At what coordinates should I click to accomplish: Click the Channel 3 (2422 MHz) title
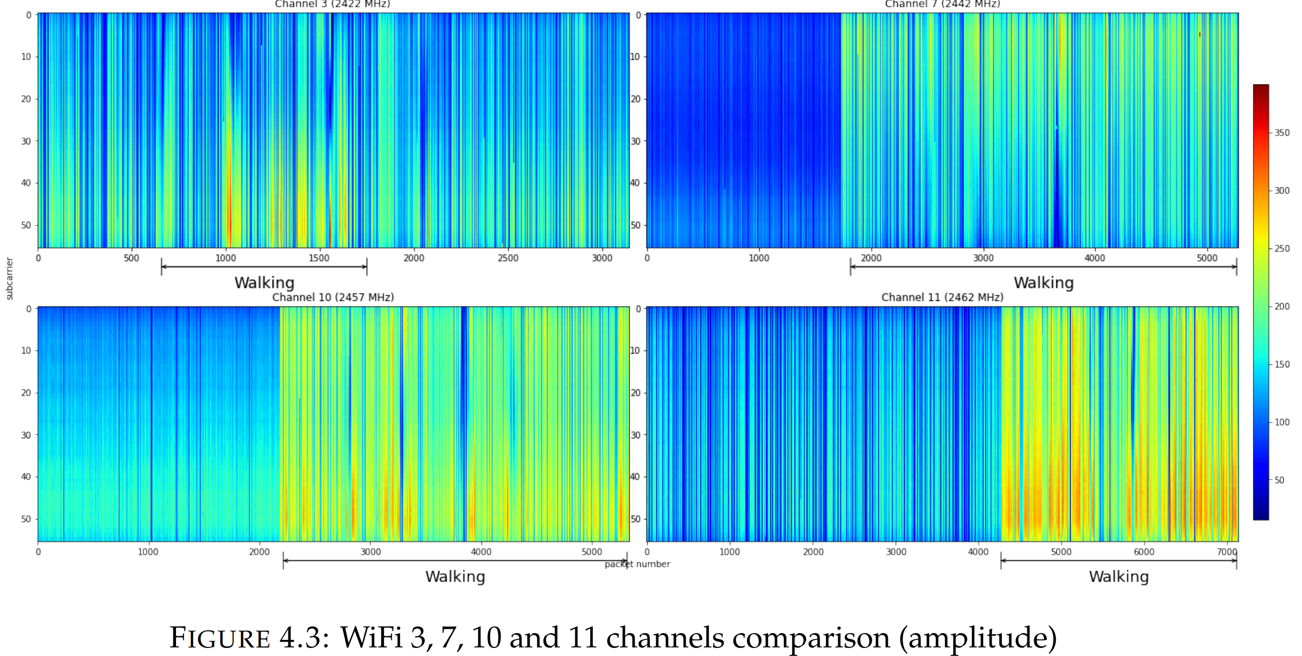click(332, 4)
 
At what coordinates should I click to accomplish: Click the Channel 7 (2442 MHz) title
click(942, 4)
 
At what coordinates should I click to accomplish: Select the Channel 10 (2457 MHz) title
click(333, 297)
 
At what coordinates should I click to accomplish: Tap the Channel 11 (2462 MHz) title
click(942, 297)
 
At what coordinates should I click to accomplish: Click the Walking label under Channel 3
click(264, 283)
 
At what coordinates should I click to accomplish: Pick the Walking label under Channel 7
click(1043, 283)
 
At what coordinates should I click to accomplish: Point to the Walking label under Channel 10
click(455, 577)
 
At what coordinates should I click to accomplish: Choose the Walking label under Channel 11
click(1119, 577)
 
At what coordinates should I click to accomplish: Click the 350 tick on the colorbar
click(1282, 133)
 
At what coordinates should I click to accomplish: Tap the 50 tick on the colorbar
click(1279, 480)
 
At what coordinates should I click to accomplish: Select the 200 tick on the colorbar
click(1282, 307)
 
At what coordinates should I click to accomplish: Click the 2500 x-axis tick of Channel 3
click(508, 258)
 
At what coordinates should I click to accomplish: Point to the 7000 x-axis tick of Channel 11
click(1226, 552)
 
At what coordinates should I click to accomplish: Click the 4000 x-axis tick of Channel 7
click(1095, 258)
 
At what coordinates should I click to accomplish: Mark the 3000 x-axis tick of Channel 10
click(371, 552)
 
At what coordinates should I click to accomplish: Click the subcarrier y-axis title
click(9, 278)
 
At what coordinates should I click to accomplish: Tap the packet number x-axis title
click(637, 564)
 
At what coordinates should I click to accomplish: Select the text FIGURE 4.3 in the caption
click(245, 638)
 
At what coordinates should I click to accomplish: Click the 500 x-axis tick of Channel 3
click(131, 258)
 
